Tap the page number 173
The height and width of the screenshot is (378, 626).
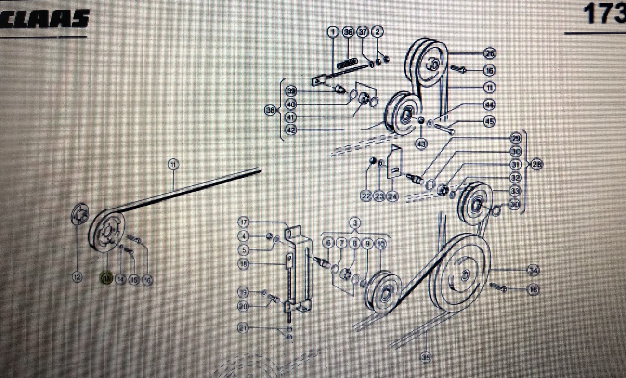604,14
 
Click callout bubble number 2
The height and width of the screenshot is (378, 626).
378,32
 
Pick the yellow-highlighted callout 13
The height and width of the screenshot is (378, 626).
105,278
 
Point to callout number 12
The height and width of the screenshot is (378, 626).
77,277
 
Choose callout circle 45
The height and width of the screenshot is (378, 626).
489,121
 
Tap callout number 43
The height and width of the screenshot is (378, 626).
422,143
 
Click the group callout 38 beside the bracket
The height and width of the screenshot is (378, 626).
270,110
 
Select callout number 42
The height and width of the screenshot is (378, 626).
290,130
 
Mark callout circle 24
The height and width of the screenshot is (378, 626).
392,196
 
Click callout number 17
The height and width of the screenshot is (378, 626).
244,222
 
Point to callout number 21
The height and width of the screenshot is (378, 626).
243,328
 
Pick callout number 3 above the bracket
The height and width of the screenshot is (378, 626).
355,222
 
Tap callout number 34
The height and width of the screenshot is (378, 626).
533,270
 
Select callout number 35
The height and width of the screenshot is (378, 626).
426,357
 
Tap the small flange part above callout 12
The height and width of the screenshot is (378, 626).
78,213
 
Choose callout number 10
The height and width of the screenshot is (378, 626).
380,244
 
